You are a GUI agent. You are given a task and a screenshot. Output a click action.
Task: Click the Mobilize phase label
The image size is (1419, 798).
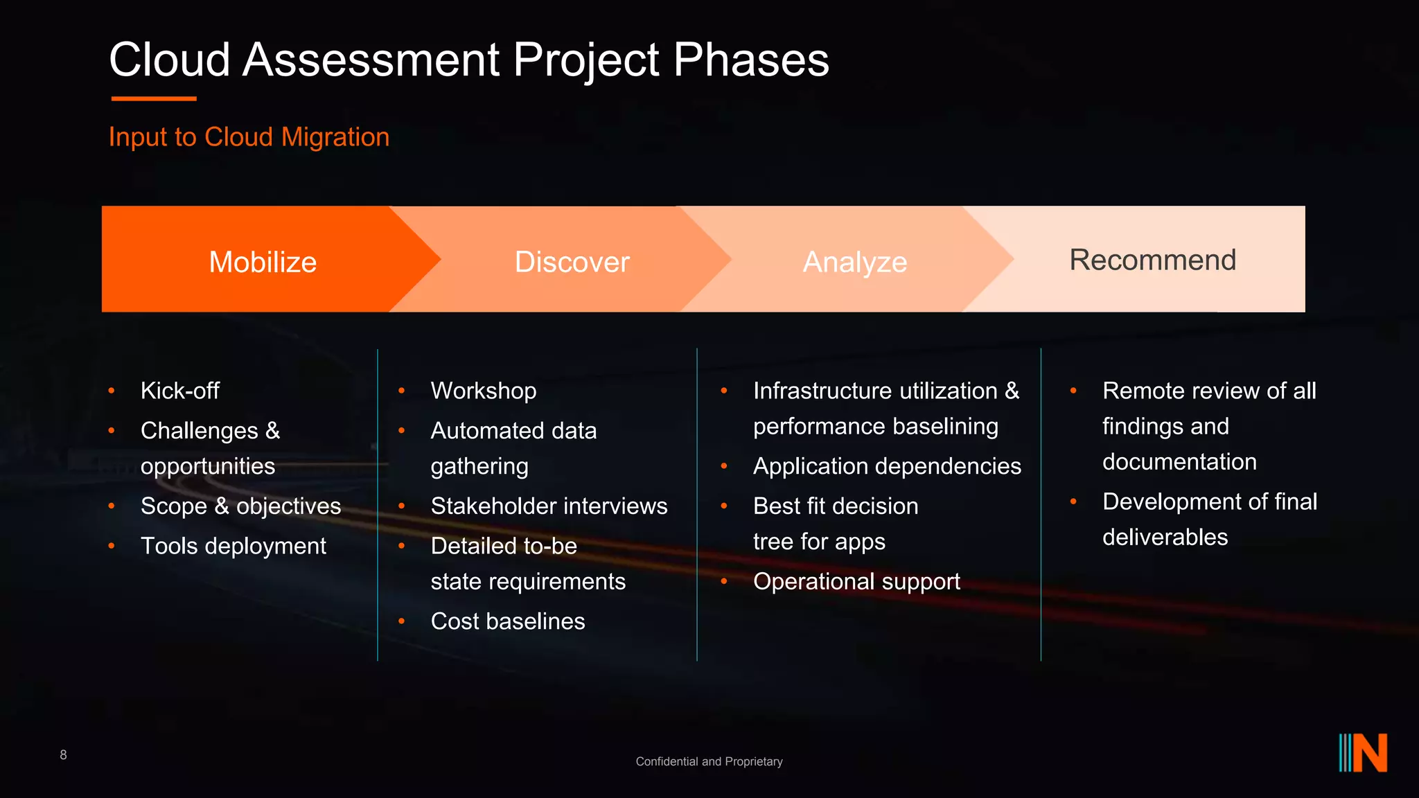pos(263,263)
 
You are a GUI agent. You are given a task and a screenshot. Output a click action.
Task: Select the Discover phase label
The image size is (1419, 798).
pos(572,263)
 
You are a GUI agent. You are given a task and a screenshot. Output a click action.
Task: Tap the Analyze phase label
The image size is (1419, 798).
pos(854,263)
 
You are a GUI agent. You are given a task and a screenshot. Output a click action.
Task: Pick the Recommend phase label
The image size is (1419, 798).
pos(1152,260)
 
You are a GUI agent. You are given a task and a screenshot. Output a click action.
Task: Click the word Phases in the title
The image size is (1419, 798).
pos(750,60)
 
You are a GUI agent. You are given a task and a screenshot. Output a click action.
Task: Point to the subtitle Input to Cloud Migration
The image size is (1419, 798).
pos(249,137)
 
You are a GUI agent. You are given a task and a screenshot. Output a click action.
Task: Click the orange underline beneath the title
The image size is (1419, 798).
pos(154,99)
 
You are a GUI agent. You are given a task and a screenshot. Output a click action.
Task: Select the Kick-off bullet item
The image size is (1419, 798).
pos(179,391)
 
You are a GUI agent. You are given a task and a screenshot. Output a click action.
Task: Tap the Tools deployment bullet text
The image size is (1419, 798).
pos(233,546)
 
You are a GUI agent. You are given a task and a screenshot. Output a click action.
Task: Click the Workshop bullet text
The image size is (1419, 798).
pos(483,391)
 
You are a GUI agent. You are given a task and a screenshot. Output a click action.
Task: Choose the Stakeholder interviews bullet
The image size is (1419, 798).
pos(549,506)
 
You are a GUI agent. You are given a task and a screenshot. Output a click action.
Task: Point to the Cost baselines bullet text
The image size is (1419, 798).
pos(507,621)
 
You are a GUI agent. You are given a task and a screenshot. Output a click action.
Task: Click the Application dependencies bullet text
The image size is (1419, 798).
pos(887,466)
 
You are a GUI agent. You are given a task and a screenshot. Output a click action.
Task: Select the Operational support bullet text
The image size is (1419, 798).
pos(856,582)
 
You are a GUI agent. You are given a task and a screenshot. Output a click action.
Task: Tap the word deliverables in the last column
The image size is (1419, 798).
pos(1165,538)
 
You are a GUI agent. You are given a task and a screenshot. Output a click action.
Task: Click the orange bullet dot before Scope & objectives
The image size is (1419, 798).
pos(112,506)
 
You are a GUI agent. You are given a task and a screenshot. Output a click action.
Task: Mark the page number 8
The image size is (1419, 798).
pos(63,755)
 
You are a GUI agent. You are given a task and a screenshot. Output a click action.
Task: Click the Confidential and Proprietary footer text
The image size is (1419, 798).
pos(709,761)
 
